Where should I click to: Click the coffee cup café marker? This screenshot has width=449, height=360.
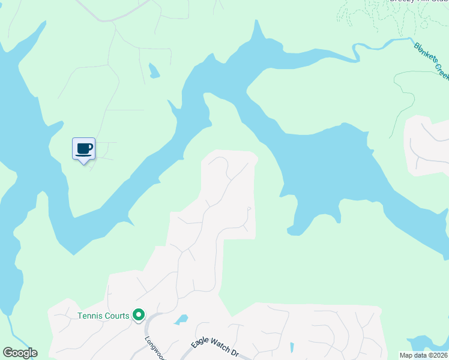tap(83, 148)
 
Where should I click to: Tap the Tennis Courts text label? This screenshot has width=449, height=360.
tap(103, 316)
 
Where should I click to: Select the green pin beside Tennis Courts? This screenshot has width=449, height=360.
tap(139, 314)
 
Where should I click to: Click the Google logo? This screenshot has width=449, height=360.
tap(20, 353)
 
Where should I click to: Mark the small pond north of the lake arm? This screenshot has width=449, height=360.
tap(154, 71)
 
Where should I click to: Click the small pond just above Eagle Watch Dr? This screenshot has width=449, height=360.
tap(181, 320)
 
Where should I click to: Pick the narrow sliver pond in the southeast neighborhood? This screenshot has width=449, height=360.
tap(291, 347)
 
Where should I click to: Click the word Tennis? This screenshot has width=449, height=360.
tap(90, 316)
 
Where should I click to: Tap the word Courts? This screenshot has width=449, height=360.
tap(117, 316)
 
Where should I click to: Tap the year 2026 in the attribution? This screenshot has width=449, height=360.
tap(439, 355)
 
